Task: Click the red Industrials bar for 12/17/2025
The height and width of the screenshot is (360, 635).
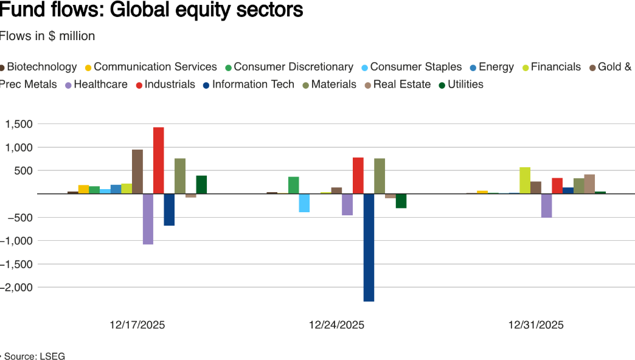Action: pos(158,161)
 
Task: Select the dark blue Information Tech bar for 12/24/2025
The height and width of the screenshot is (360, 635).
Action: pos(369,247)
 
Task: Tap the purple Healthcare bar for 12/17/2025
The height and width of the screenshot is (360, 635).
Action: pos(148,219)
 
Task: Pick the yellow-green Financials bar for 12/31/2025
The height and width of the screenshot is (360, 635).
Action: pos(525,181)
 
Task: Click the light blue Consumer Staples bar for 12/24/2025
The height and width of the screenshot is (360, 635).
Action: pos(304,203)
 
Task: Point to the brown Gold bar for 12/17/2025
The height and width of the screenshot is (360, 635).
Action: pos(137,171)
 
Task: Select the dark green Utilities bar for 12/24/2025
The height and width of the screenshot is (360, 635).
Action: pos(401,201)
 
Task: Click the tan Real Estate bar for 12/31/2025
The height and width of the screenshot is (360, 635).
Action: pos(589,184)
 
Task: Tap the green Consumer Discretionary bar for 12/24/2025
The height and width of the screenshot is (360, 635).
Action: pos(293,185)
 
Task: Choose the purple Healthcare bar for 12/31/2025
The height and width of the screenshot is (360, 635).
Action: pos(546,206)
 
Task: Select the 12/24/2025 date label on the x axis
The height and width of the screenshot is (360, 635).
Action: pos(336,325)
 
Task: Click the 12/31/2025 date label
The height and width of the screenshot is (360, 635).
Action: pos(536,325)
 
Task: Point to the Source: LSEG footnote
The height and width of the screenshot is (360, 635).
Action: pos(34,356)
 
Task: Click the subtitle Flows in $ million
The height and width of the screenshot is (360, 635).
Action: pos(47,36)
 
